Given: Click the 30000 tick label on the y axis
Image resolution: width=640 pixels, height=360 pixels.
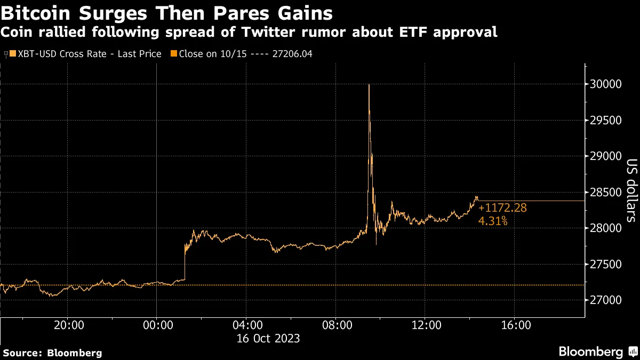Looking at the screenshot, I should coord(607,84).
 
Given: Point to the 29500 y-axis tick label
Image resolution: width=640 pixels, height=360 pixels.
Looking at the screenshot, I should coord(607,121).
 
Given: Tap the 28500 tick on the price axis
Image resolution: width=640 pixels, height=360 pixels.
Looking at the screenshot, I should coord(607,193).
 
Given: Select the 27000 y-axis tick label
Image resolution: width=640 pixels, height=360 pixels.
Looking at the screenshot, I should coord(607,300).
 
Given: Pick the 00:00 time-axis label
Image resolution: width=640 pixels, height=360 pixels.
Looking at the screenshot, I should coord(156,325).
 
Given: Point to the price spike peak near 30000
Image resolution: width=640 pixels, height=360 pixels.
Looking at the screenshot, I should coord(369,85).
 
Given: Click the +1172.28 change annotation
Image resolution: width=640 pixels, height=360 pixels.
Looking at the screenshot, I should coord(502,208).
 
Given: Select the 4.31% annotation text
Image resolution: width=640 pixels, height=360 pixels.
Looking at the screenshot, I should coord(493,221).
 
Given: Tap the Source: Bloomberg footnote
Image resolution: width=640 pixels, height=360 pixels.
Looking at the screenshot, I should coord(52,353).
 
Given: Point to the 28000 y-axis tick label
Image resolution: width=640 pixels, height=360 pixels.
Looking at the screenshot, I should coord(607,228).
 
